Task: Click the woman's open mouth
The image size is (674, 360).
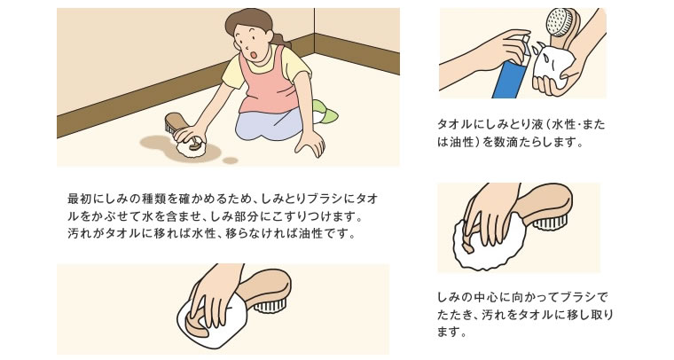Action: (x=254, y=55)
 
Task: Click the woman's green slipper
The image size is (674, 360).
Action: (x=325, y=111)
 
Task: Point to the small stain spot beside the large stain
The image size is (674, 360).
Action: (x=231, y=160)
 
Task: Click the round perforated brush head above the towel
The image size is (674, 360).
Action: (x=560, y=22)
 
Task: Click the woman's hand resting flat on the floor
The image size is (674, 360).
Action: (x=310, y=143)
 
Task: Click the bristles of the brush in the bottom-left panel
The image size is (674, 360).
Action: (x=270, y=306)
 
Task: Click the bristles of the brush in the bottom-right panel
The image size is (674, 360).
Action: (x=552, y=223)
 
